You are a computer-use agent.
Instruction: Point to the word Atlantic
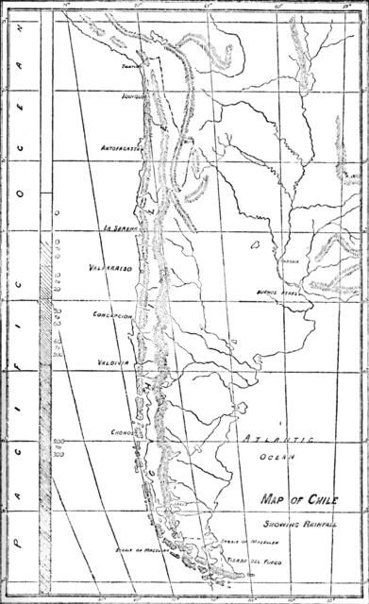[x=275, y=441]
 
